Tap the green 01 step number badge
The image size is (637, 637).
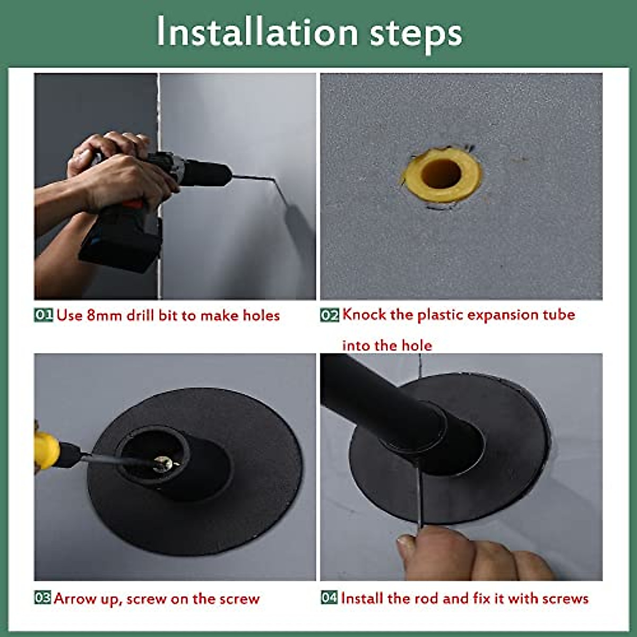(x=44, y=315)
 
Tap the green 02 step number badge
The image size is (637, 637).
(x=329, y=315)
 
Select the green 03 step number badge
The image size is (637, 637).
(x=43, y=598)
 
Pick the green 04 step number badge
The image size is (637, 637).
(x=329, y=598)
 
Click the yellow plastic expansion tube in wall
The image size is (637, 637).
(x=442, y=175)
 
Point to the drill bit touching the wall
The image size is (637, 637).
(x=255, y=178)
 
